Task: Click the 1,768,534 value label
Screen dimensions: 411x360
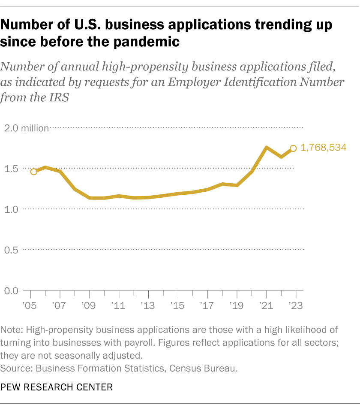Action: tap(324, 148)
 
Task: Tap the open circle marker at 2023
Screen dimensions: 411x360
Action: tap(294, 148)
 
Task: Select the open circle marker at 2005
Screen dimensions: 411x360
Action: tap(33, 172)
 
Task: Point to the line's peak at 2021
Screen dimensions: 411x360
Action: tap(266, 148)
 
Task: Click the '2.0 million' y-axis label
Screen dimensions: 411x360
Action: tap(27, 128)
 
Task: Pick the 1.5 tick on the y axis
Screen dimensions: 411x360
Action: tap(12, 169)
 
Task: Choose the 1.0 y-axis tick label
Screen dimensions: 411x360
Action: tap(12, 209)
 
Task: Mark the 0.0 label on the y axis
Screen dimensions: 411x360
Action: tap(12, 291)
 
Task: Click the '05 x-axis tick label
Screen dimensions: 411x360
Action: tap(30, 306)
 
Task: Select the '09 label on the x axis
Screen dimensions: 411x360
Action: tap(89, 306)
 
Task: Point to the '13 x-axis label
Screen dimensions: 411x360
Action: tap(148, 306)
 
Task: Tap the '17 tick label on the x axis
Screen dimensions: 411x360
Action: tap(207, 306)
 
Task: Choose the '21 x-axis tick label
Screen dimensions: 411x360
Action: tap(266, 306)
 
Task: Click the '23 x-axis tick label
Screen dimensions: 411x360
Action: tap(295, 306)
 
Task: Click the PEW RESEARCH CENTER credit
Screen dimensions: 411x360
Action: tap(57, 387)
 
